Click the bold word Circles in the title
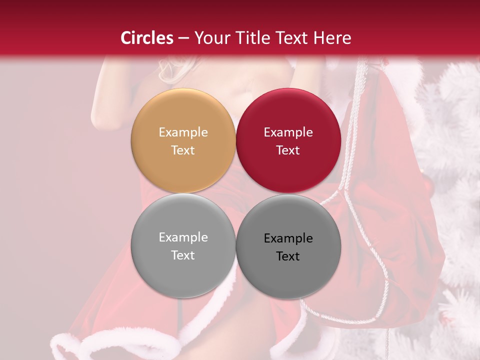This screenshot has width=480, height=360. tap(146, 38)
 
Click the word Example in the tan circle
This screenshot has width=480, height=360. tap(183, 132)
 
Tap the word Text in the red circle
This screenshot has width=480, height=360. tap(288, 150)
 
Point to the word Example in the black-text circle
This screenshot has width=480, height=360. tap(288, 238)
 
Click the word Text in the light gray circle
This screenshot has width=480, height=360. tap(183, 255)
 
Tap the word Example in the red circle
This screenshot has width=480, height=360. tap(288, 132)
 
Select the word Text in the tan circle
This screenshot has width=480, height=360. tap(183, 150)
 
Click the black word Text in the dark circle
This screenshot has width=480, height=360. tap(288, 256)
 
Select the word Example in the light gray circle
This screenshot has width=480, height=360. tap(183, 237)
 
